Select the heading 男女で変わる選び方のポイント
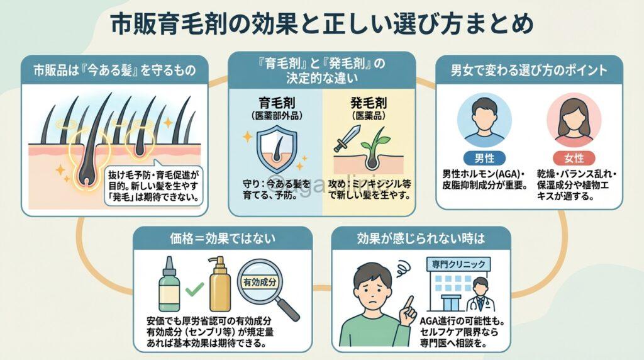point(529,69)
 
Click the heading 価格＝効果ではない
point(223,240)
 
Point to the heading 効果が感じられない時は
point(421,240)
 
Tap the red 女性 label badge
point(574,158)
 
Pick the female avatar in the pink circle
point(574,120)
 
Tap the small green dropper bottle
point(170,286)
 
